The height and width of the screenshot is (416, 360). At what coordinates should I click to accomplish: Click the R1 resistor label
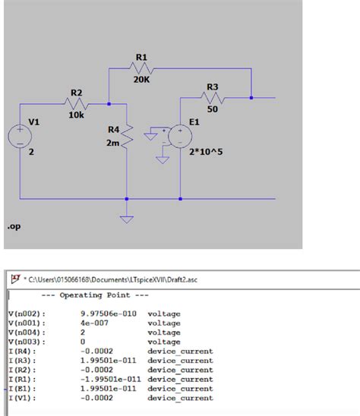141,57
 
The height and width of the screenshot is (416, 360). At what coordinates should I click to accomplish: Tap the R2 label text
76,92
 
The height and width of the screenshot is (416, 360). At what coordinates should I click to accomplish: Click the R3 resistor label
213,87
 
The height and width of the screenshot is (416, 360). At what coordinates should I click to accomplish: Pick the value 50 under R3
213,109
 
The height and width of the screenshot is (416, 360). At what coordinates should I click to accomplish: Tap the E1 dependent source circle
181,137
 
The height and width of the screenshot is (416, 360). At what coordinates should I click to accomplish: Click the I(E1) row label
24,387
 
